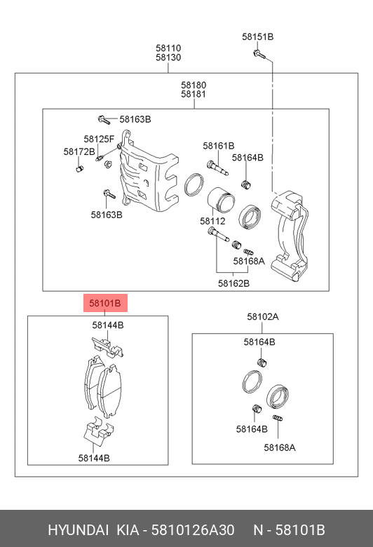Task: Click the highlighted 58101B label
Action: coord(105,303)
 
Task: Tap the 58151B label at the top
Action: coord(257,36)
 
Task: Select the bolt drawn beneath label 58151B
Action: coord(259,54)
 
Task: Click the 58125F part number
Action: coord(99,139)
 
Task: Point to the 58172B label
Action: coord(79,151)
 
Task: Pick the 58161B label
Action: coord(219,145)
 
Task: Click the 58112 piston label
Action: coord(212,221)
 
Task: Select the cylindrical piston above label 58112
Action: coord(221,200)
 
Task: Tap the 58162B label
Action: coord(233,283)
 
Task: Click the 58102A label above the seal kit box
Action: coord(263,317)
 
